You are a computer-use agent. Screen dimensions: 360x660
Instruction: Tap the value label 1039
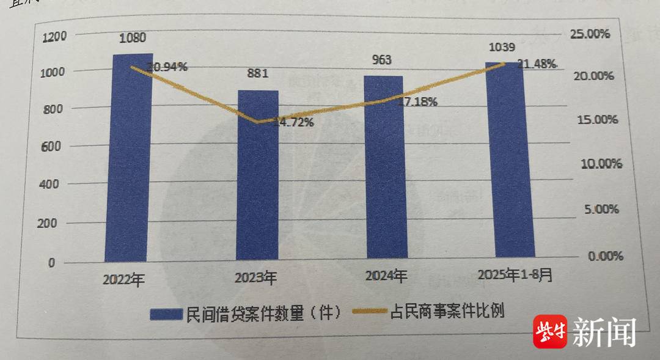tap(502, 46)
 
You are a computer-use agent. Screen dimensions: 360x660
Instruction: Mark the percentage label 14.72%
tap(293, 122)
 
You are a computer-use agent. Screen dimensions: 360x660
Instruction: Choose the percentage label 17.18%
tap(416, 102)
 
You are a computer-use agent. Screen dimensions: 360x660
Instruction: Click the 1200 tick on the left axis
tap(54, 37)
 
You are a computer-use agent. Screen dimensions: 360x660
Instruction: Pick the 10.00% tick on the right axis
tap(601, 164)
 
